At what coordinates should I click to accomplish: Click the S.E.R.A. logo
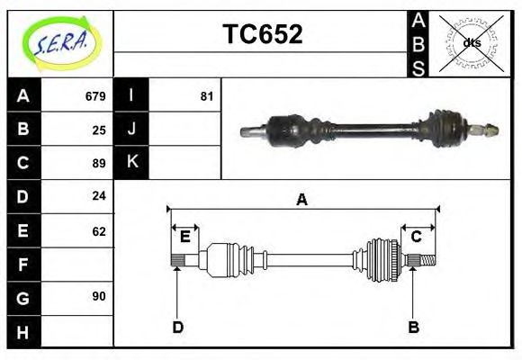(x=59, y=42)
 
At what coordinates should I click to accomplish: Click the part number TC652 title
(x=262, y=34)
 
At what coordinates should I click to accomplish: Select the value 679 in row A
(x=95, y=96)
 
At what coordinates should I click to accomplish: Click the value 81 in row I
(x=206, y=96)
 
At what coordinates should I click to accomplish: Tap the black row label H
(x=23, y=333)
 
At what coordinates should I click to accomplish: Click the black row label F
(x=23, y=265)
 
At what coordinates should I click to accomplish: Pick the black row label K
(x=131, y=162)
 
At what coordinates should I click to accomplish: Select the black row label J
(x=131, y=129)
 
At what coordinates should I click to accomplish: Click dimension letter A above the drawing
(x=301, y=200)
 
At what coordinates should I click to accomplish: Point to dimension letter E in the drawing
(x=184, y=237)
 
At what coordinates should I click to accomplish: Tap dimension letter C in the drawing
(x=417, y=237)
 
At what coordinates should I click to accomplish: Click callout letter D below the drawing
(x=177, y=327)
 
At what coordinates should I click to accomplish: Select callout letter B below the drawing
(x=413, y=327)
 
